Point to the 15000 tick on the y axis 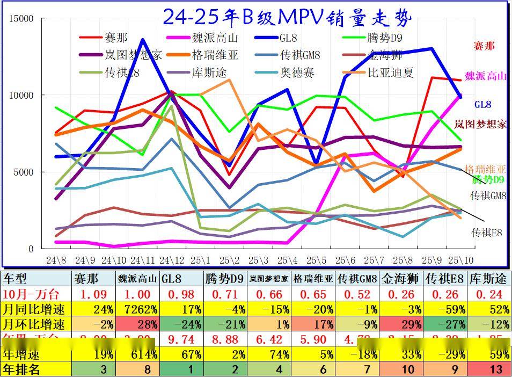tap(22, 19)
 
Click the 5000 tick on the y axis tap(24, 172)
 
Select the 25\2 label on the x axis tap(229, 260)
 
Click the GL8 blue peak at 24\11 tap(142, 39)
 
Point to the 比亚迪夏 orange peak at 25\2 tap(229, 80)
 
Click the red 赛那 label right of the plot tap(484, 46)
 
